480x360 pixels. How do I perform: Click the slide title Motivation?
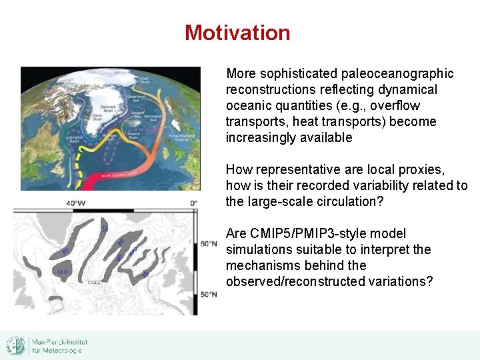pyautogui.click(x=237, y=33)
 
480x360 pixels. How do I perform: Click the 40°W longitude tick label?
pyautogui.click(x=75, y=203)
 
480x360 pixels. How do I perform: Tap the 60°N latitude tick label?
pyautogui.click(x=209, y=243)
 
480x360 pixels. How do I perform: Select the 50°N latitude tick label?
pyautogui.click(x=209, y=294)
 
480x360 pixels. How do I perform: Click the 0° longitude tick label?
pyautogui.click(x=193, y=203)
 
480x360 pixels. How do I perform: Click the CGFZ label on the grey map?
pyautogui.click(x=94, y=283)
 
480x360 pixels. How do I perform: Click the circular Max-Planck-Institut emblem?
pyautogui.click(x=16, y=345)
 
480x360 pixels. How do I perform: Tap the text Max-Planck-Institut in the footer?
pyautogui.click(x=59, y=342)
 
